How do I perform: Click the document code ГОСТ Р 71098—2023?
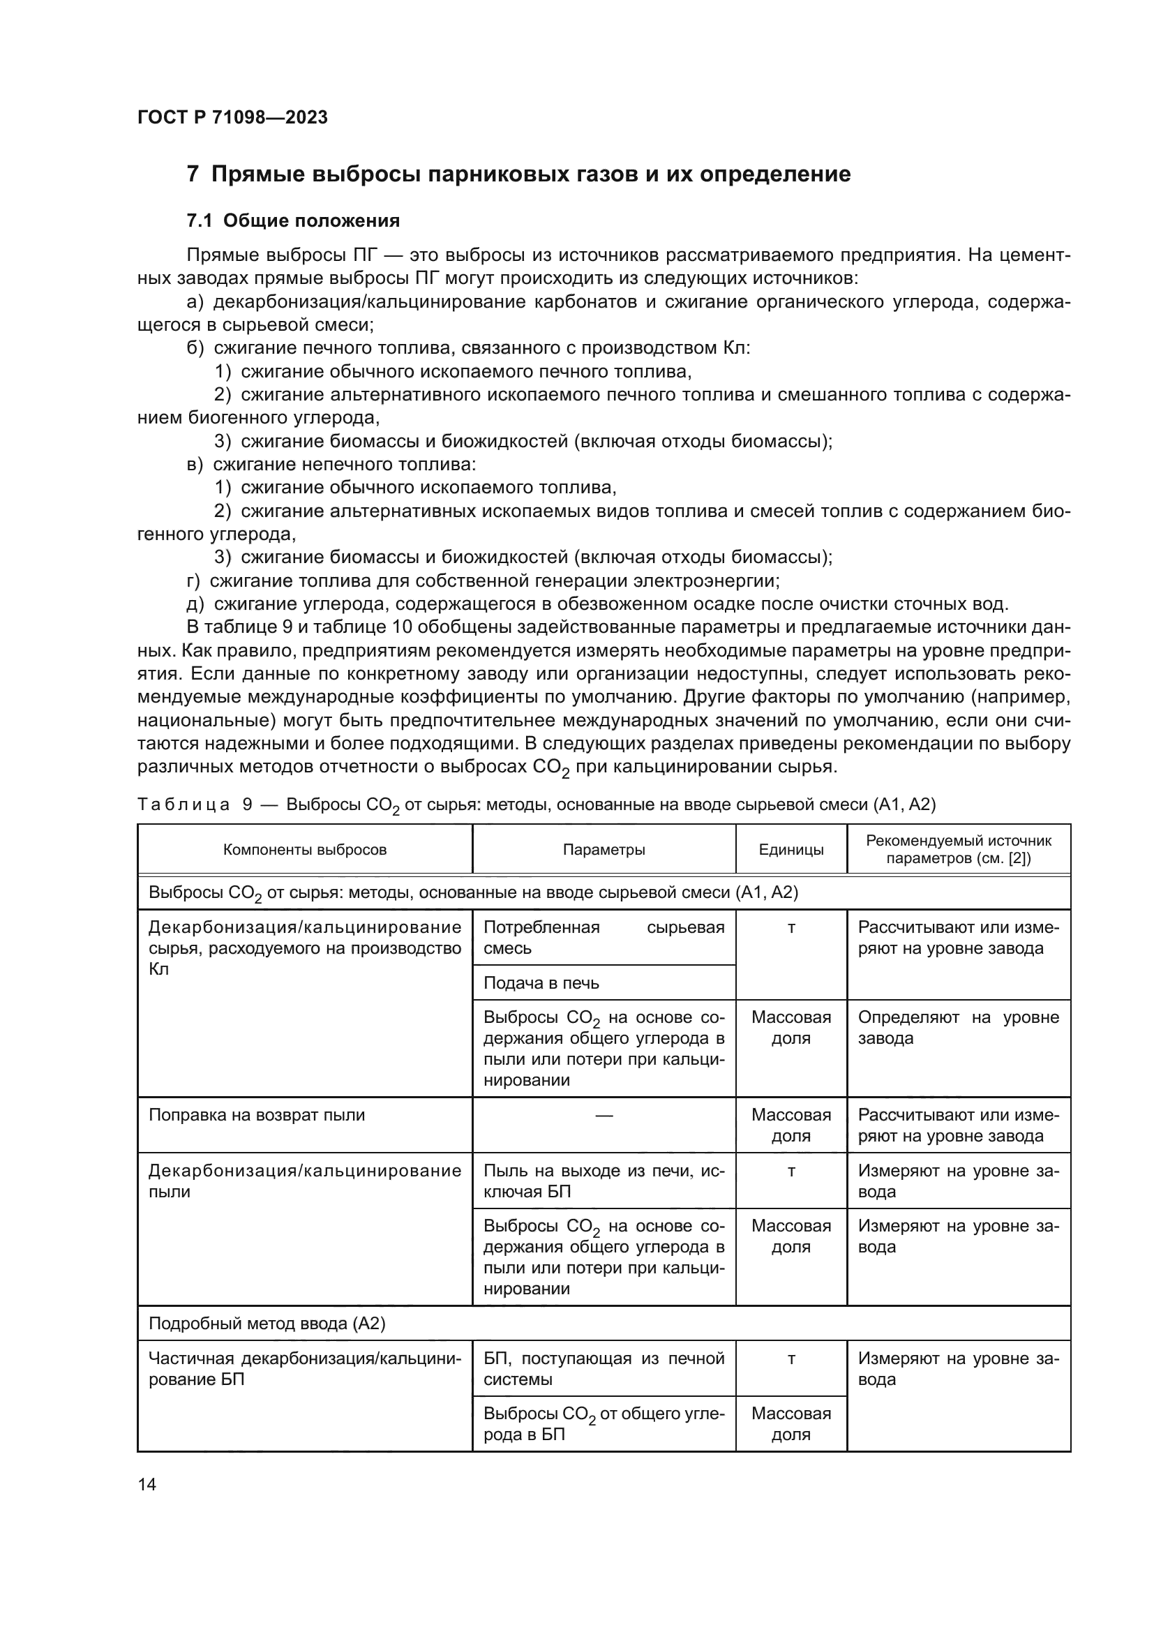(x=232, y=118)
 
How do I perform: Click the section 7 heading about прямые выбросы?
(x=518, y=174)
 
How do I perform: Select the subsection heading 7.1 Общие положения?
(x=293, y=221)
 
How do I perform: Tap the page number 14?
(x=147, y=1484)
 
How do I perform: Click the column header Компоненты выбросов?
(x=305, y=849)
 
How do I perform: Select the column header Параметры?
(x=604, y=849)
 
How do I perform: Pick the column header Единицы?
(x=791, y=849)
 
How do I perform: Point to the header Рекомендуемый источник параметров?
(x=958, y=849)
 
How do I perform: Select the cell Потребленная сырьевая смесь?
(x=604, y=938)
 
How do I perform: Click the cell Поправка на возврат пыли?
(x=257, y=1115)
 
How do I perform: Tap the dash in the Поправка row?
(x=604, y=1115)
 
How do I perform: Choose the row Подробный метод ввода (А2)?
(x=267, y=1324)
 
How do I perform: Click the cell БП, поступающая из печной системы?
(x=604, y=1369)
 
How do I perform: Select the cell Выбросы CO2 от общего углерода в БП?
(x=604, y=1424)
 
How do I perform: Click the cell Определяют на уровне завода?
(x=958, y=1028)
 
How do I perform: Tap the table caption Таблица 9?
(x=537, y=804)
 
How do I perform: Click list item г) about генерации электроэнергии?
(x=484, y=581)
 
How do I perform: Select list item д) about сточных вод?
(x=597, y=605)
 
